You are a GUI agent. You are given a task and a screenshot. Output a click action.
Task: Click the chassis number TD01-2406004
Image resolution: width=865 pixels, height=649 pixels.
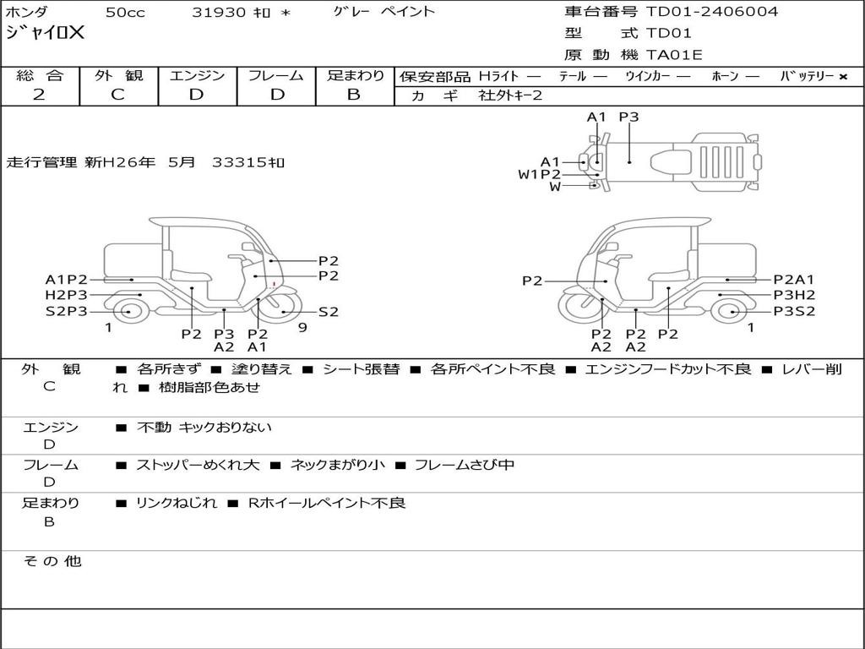(711, 12)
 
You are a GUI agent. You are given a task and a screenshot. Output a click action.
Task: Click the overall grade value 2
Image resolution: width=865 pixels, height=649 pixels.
(39, 95)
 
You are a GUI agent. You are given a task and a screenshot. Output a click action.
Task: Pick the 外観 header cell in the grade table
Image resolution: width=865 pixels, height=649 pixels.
(118, 75)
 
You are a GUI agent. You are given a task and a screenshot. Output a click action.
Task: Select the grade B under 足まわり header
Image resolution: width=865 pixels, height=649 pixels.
(354, 95)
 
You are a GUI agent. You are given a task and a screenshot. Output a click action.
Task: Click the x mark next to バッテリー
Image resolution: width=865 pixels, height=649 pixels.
(843, 77)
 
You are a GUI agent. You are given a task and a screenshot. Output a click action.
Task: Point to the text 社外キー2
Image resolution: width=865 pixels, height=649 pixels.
(510, 95)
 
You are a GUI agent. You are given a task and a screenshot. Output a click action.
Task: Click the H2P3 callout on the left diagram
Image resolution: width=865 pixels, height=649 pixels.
(66, 295)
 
